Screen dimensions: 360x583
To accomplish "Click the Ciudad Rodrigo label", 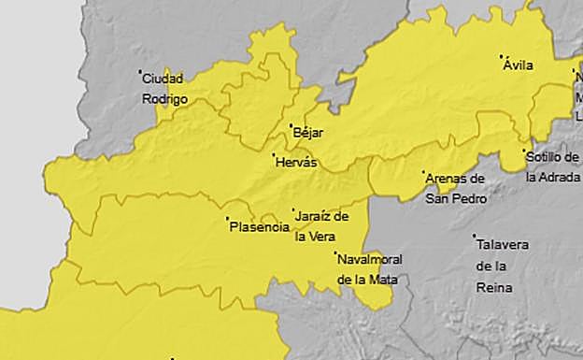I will [x=164, y=88].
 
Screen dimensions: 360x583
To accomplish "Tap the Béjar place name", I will [x=308, y=133].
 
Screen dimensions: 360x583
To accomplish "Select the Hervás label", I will [x=297, y=162].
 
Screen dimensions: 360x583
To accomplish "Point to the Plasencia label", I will [x=259, y=225].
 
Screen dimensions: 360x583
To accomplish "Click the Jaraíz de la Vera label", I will [x=321, y=225].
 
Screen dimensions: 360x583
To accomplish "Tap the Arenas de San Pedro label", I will [x=454, y=187].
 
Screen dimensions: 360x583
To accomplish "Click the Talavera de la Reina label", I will [x=502, y=266].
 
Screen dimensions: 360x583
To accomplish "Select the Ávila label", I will [x=519, y=65].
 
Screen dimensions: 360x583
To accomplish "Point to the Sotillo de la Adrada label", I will [x=552, y=166].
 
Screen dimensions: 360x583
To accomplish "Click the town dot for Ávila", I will [x=502, y=56].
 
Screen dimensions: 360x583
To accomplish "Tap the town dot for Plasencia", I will [x=227, y=220].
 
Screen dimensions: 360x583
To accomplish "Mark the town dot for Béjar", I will [x=291, y=125].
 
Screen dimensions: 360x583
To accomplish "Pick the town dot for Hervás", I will [x=274, y=154].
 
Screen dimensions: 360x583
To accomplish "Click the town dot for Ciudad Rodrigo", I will [x=140, y=71].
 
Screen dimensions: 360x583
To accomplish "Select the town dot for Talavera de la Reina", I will [x=474, y=236].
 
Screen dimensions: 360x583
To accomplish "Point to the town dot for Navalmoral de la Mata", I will [x=335, y=252].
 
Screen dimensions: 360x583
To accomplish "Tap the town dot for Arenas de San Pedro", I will [x=422, y=172].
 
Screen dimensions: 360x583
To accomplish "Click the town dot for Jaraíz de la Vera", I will [x=293, y=209].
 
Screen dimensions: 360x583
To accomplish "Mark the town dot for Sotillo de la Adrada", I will [x=524, y=151].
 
